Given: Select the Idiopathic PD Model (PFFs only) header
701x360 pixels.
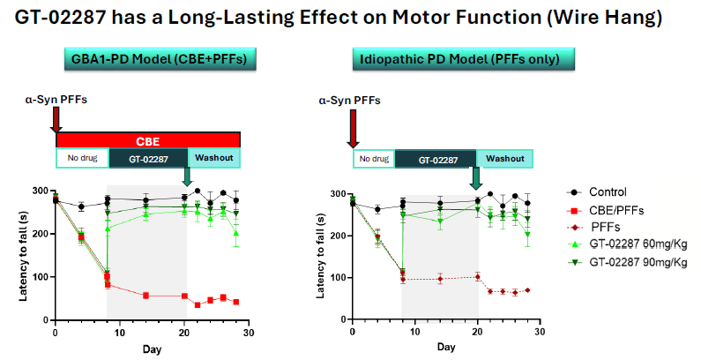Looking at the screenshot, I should tap(466, 59).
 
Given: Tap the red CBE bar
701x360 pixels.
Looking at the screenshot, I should tap(148, 140).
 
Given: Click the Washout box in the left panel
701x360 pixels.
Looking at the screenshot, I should tap(213, 158).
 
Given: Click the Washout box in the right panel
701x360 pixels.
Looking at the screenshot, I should tap(505, 159).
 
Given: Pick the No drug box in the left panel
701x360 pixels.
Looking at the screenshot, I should tap(82, 158).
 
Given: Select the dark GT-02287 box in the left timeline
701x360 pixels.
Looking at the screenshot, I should tap(147, 158).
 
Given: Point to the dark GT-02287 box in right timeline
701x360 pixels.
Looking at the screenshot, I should tap(436, 159).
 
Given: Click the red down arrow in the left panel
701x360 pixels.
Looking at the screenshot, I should tap(56, 118).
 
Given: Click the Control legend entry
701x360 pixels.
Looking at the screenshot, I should tap(607, 192).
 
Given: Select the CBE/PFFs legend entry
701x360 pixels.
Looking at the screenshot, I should tap(612, 208).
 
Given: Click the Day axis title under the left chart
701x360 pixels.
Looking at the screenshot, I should tap(152, 349).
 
